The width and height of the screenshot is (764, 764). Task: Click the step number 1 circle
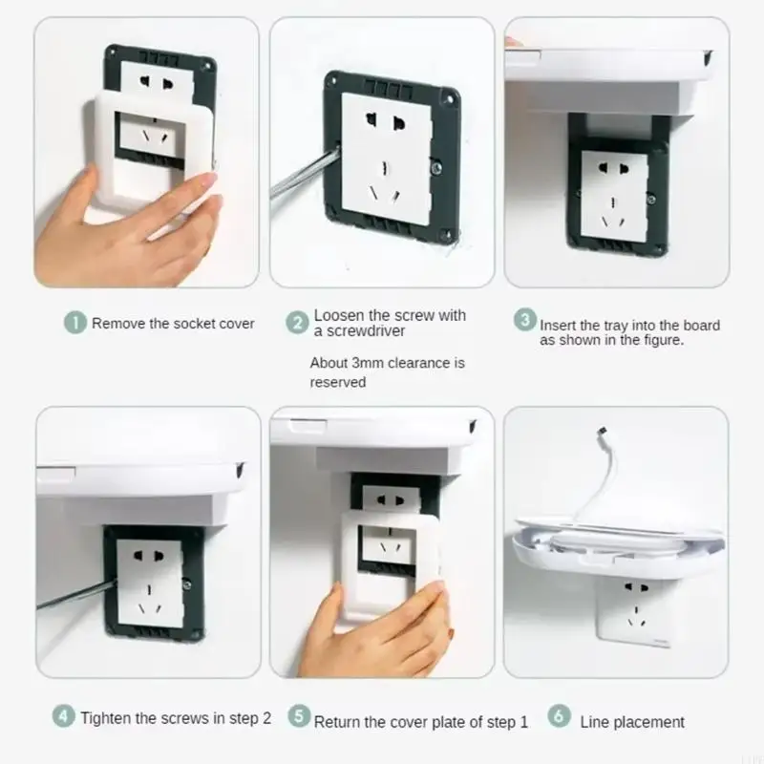(74, 323)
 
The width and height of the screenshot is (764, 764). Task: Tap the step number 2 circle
(298, 323)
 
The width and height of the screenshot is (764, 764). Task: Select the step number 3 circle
(524, 320)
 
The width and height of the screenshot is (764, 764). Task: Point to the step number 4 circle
(63, 716)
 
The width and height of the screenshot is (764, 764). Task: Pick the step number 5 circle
(299, 717)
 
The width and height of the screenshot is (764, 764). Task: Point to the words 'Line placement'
(632, 722)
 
